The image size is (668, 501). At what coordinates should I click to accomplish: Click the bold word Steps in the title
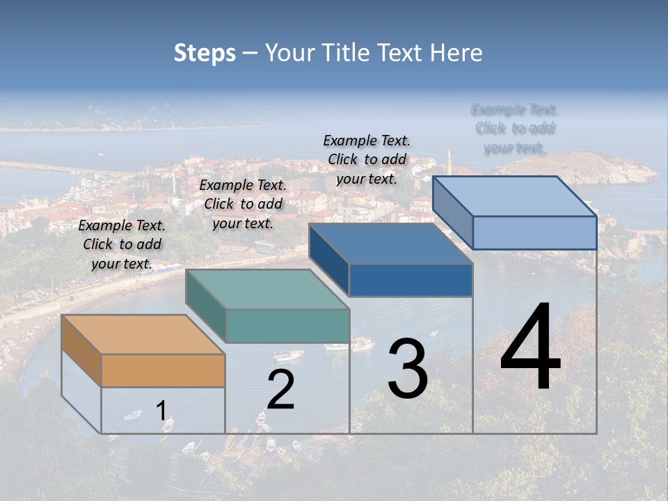205,53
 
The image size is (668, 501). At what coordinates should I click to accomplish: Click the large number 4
530,348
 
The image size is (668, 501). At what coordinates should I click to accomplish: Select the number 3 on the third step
407,369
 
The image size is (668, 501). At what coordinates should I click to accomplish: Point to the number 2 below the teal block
280,390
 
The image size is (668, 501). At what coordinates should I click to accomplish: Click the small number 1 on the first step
161,411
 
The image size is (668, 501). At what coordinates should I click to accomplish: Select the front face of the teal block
287,326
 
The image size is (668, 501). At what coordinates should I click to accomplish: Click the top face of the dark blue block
390,244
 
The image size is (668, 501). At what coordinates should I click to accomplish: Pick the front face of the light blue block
534,232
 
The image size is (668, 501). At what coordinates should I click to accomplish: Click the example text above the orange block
122,244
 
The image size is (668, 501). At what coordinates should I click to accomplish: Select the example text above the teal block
243,204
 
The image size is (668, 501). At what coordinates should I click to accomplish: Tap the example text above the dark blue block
367,159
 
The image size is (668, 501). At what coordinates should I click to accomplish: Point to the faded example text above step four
515,129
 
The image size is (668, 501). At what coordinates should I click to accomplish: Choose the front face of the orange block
163,370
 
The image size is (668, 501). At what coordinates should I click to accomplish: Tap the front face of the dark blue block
411,280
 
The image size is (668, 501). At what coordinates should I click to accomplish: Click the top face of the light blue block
514,196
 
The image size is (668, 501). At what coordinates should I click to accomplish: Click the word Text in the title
401,53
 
